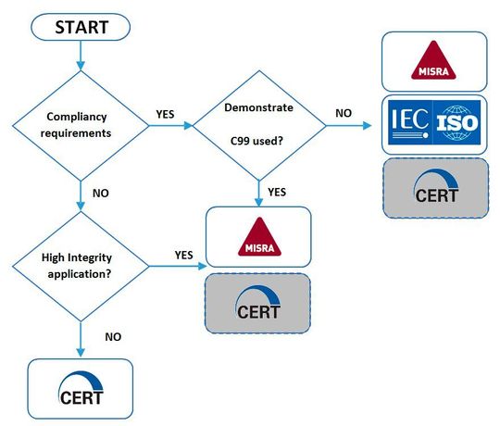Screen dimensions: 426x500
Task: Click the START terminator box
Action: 81,27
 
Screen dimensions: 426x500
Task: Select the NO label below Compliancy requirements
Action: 104,194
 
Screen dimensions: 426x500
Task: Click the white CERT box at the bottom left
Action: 81,388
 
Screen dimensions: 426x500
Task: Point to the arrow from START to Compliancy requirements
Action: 81,57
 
